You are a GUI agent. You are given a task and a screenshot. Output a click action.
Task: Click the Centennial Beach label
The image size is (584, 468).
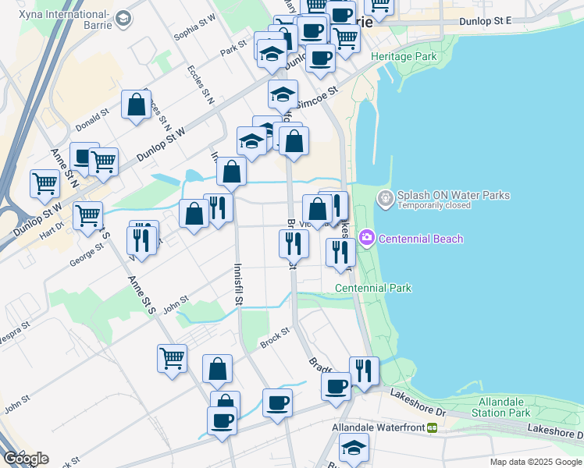tap(420, 239)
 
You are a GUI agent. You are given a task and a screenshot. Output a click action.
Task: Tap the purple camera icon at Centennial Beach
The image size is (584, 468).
tap(366, 237)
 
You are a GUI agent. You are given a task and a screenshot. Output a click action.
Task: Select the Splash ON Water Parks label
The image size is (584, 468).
tap(453, 196)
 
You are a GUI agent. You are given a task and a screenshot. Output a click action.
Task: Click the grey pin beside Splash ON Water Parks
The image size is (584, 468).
tap(386, 199)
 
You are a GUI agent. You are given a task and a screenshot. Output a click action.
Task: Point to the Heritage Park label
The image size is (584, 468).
tap(404, 57)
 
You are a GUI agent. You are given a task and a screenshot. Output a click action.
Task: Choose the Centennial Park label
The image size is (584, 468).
tap(372, 288)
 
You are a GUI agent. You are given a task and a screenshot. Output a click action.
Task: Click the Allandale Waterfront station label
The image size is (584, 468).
tap(378, 427)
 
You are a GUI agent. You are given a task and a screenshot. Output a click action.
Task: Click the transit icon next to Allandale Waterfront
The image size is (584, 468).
tap(431, 427)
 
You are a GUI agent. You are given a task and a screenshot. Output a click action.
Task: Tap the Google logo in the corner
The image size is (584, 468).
tap(26, 459)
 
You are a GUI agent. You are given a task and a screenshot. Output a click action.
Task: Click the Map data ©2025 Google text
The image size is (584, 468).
tap(536, 462)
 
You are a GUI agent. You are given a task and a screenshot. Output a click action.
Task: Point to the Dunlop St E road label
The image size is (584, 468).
tap(485, 21)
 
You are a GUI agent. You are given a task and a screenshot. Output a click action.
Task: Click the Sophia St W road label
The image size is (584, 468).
tap(194, 30)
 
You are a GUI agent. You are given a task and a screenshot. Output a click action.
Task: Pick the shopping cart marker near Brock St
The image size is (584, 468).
tap(172, 358)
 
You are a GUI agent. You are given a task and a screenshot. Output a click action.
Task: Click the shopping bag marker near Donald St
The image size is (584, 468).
tap(136, 105)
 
